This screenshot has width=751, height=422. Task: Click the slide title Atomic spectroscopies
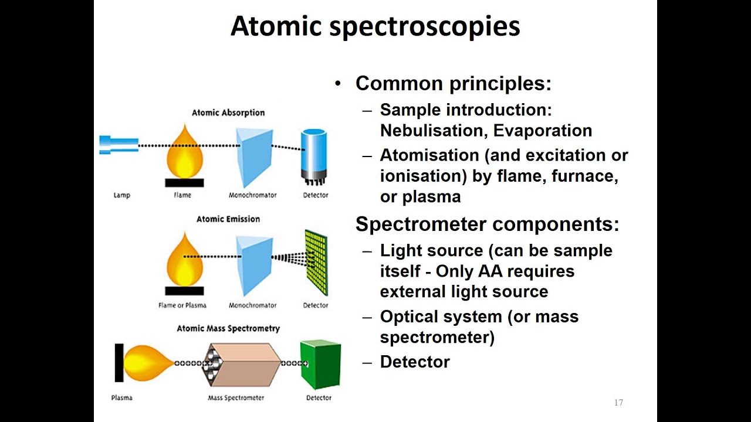pos(375,26)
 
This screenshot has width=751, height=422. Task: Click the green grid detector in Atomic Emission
pos(316,262)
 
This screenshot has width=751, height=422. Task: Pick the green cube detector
pos(320,364)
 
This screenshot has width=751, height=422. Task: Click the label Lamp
pos(121,195)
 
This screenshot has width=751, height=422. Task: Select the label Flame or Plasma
pos(182,305)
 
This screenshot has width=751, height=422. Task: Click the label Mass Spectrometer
pos(236,398)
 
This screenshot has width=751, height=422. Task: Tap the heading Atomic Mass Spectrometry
pos(228,329)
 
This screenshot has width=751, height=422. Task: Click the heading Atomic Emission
pos(228,219)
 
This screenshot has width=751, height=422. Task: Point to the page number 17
pos(618,403)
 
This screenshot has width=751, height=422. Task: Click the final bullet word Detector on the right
pos(415,362)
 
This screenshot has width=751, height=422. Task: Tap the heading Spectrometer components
pos(487,224)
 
